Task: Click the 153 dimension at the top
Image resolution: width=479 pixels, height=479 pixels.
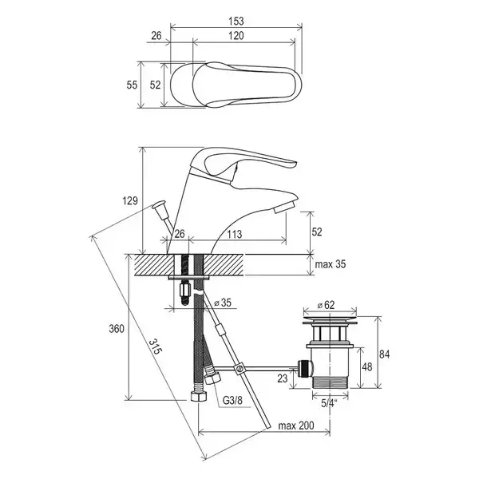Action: click(x=236, y=21)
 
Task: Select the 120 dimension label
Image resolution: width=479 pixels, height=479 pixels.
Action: click(x=236, y=36)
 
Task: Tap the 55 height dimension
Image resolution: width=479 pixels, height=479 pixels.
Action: click(x=132, y=85)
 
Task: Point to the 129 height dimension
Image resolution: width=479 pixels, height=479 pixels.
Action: click(x=130, y=200)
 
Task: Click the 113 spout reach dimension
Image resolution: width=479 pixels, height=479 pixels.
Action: click(x=234, y=234)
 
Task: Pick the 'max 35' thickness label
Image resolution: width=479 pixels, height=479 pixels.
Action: click(x=331, y=264)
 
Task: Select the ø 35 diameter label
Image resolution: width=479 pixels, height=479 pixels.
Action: click(x=223, y=303)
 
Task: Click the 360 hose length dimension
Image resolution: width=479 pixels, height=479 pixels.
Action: click(x=117, y=329)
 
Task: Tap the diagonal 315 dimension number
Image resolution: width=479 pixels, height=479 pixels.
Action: click(x=155, y=346)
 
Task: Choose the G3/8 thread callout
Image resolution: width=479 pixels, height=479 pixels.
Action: click(x=233, y=400)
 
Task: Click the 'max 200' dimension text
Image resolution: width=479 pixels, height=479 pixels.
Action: click(x=295, y=426)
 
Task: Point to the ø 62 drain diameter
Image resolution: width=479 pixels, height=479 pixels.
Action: click(x=326, y=305)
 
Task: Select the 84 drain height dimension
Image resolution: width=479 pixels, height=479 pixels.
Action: click(x=384, y=354)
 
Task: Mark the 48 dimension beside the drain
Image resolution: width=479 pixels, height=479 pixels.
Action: click(x=367, y=366)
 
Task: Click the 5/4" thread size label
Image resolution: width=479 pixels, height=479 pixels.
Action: click(x=329, y=403)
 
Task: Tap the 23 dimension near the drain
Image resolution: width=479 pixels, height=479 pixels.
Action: click(x=283, y=378)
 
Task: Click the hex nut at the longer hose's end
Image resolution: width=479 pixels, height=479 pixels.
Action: click(x=199, y=396)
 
